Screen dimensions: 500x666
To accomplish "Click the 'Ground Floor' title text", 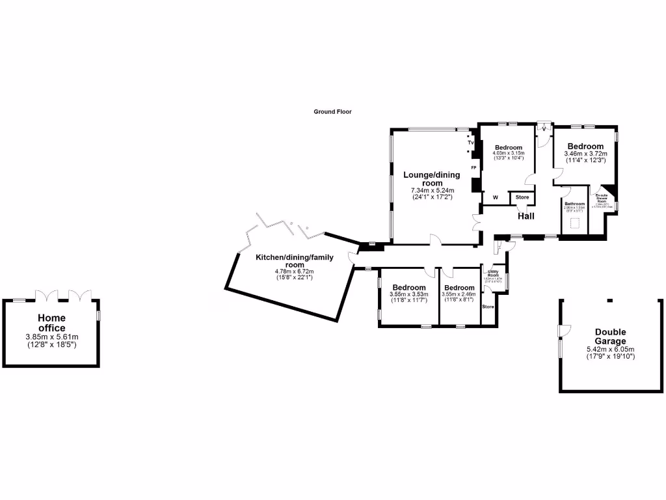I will [x=332, y=112].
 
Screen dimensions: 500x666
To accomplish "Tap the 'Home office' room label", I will [x=51, y=323].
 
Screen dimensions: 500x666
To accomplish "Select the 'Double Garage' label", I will [x=610, y=337].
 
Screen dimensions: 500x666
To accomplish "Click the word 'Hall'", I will [x=526, y=216].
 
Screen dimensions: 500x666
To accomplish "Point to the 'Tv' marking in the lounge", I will [x=470, y=142].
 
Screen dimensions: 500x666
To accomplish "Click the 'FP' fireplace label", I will [x=473, y=168].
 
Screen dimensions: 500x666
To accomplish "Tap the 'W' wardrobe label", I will [x=495, y=197].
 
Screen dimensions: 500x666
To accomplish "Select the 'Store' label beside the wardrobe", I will [x=522, y=197].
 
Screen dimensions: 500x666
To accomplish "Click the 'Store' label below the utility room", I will [x=488, y=307].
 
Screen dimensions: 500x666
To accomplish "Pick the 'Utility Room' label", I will [x=492, y=275].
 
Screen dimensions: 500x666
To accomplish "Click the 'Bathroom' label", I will [x=574, y=204].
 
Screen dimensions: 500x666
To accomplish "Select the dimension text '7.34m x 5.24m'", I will [x=431, y=190].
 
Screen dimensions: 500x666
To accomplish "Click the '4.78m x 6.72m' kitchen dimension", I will [x=294, y=271].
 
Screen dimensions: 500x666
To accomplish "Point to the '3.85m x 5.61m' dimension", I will [x=51, y=337].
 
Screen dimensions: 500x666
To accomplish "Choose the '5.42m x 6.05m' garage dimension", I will [x=610, y=349].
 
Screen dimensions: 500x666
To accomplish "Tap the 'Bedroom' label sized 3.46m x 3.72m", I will [x=585, y=146].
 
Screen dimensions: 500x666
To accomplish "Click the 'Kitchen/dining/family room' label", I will [x=294, y=261].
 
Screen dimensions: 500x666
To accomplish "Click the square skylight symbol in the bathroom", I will [x=574, y=223].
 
